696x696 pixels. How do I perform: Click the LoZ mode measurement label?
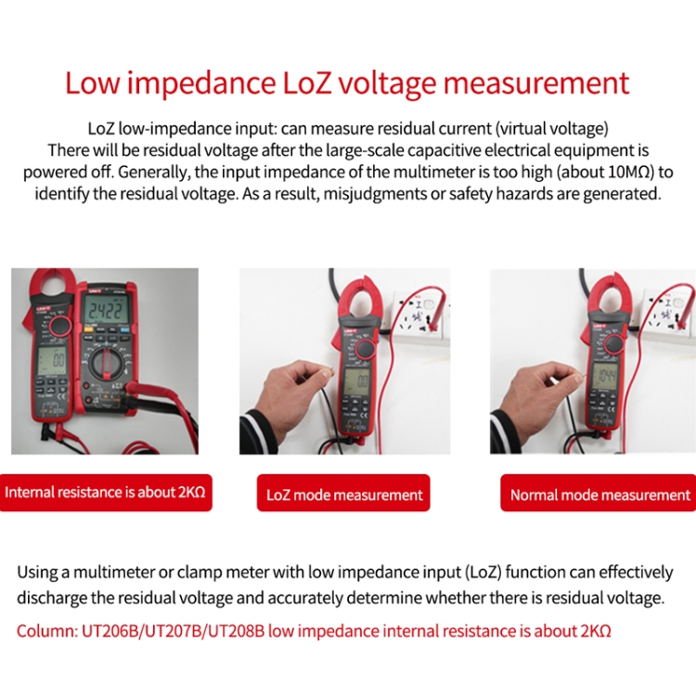(344, 495)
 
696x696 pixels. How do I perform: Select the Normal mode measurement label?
(599, 495)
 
